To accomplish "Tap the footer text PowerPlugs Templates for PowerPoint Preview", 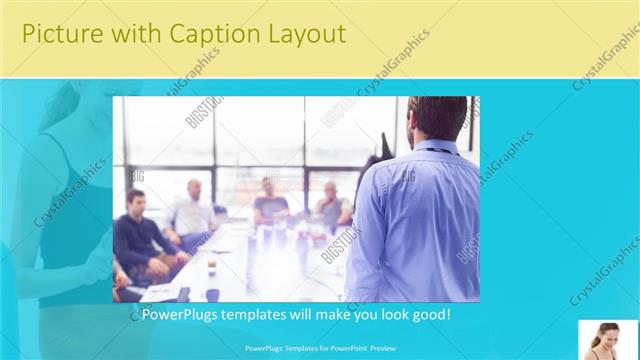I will [319, 349].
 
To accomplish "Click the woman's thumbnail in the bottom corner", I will [608, 340].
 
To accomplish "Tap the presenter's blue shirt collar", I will [436, 147].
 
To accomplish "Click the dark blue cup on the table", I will [212, 294].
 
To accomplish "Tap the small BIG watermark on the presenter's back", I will [408, 177].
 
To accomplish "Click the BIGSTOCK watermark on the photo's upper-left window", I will [203, 113].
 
